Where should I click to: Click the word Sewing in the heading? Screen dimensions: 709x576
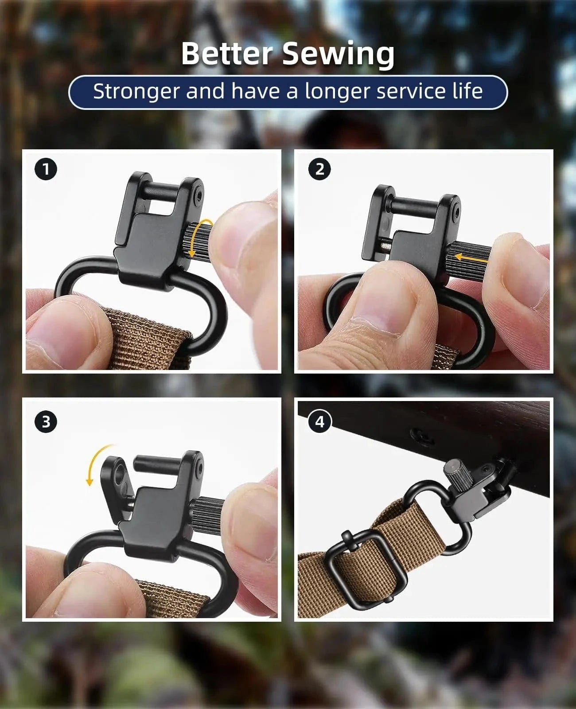pyautogui.click(x=338, y=54)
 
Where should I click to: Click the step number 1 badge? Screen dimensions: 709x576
pyautogui.click(x=46, y=169)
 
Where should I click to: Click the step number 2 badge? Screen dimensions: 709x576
pyautogui.click(x=320, y=169)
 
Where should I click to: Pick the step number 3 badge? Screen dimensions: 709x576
pyautogui.click(x=46, y=421)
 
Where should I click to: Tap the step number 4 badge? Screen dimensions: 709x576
pyautogui.click(x=320, y=421)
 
